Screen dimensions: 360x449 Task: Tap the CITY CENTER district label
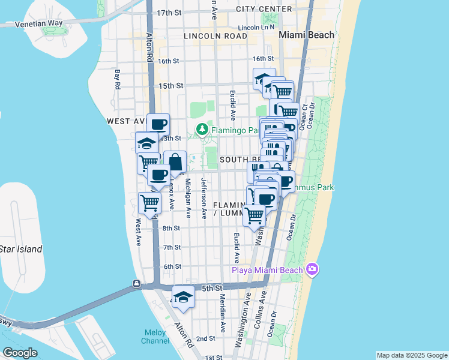point(264,9)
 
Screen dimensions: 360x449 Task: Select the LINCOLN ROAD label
point(220,36)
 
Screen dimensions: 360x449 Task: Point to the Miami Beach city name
point(307,35)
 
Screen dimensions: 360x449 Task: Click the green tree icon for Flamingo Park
point(203,128)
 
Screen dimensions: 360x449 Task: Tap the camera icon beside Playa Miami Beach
point(311,269)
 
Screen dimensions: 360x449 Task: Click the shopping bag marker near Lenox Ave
point(175,162)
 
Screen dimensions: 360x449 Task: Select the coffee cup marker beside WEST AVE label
point(158,125)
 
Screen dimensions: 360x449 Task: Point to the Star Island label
point(20,249)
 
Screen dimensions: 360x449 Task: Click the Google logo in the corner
point(19,353)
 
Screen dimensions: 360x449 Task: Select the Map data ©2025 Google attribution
point(412,355)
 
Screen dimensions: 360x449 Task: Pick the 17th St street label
point(169,13)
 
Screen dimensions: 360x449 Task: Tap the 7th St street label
point(172,247)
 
